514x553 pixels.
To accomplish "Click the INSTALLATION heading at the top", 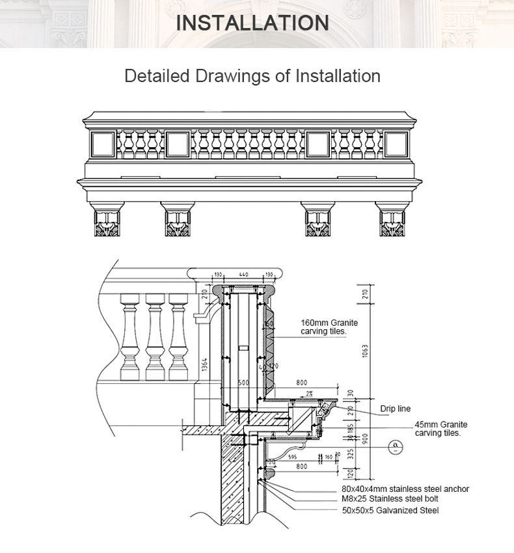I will coord(252,23).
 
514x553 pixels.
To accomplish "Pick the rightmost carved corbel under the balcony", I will coord(392,223).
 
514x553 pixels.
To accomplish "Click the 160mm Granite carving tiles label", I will coord(329,327).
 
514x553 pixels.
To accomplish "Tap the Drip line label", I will coord(396,409).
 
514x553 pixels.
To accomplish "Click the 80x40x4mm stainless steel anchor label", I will coord(405,489).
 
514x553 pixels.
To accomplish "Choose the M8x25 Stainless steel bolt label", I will coord(391,498).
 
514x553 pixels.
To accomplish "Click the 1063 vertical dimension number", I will coord(366,351).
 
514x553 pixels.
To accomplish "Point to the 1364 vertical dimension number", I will coord(204,366).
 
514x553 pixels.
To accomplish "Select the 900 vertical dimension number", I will coord(366,440).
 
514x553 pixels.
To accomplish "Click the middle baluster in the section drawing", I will coord(154,336).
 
